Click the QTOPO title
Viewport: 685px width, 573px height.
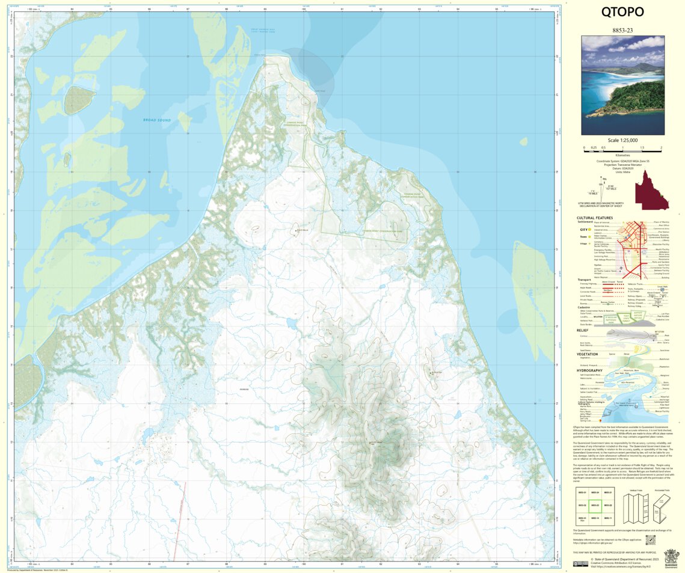click(x=622, y=12)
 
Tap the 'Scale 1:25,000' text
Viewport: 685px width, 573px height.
click(x=622, y=140)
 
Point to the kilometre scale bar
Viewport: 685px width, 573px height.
click(x=622, y=147)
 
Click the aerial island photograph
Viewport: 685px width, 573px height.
click(x=622, y=85)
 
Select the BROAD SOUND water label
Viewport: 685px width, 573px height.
click(x=157, y=120)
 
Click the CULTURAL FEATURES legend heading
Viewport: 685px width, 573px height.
click(x=594, y=218)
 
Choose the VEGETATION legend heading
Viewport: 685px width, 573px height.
click(x=587, y=354)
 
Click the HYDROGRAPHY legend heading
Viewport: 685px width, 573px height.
click(x=589, y=370)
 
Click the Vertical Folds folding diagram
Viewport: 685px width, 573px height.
click(x=636, y=506)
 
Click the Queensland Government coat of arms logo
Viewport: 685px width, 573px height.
click(x=669, y=557)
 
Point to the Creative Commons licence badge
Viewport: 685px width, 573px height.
click(x=580, y=564)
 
